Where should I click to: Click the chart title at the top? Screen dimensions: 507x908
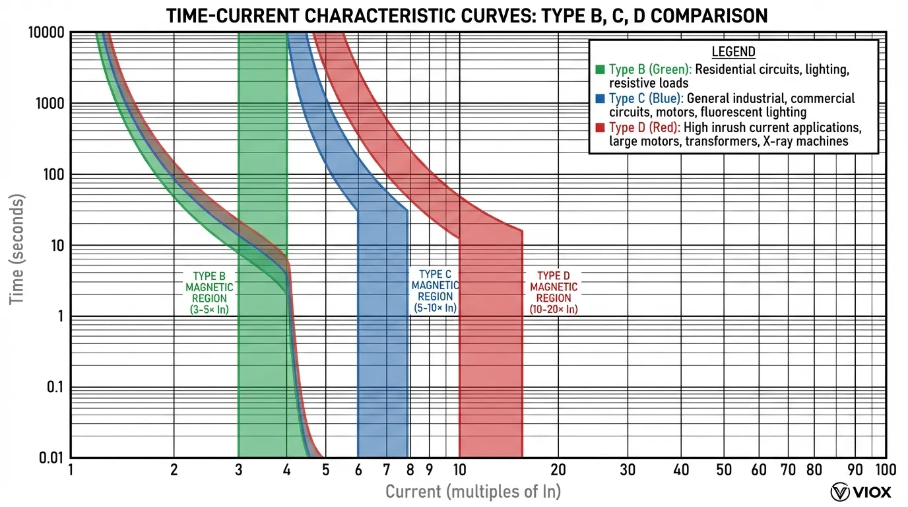(467, 15)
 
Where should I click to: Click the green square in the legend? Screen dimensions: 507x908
(600, 69)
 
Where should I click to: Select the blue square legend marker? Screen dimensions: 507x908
(600, 98)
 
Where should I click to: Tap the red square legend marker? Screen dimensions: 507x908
(600, 127)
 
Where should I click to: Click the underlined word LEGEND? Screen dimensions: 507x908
(733, 52)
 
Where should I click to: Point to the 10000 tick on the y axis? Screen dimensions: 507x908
(46, 32)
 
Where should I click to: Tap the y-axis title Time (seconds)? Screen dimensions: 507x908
(18, 250)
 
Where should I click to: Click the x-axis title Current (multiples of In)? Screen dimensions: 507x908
(472, 491)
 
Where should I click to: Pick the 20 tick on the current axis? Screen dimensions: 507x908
(558, 470)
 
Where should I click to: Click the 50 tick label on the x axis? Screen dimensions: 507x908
(724, 470)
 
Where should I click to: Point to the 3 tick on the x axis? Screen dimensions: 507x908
(238, 470)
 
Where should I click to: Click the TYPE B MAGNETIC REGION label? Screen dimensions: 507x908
(209, 292)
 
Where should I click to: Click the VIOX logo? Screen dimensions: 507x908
(861, 492)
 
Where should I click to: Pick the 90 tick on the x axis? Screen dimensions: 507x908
(855, 470)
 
